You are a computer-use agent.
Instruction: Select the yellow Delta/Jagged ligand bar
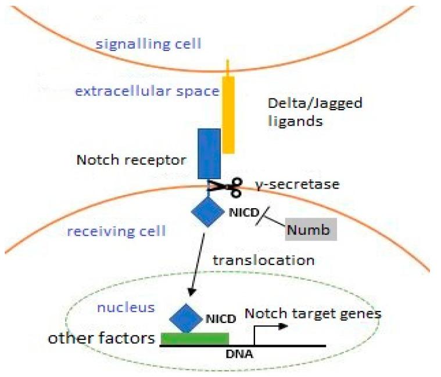[x=229, y=115]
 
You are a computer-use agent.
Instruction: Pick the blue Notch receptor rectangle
[x=209, y=153]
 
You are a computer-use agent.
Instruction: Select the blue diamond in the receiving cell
[x=207, y=211]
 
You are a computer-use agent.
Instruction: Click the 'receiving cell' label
[x=116, y=231]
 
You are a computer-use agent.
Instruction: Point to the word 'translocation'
[x=263, y=260]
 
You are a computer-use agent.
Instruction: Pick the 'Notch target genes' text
[x=313, y=314]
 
